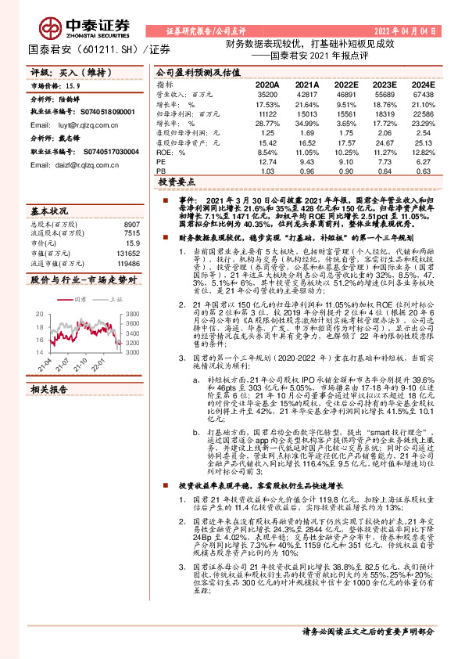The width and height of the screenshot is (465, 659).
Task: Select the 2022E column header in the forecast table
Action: (344, 85)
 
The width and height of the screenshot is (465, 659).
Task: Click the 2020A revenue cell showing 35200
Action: (267, 92)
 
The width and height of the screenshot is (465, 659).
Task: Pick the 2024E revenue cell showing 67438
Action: (423, 92)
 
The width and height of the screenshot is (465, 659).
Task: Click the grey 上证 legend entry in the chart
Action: (108, 299)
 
